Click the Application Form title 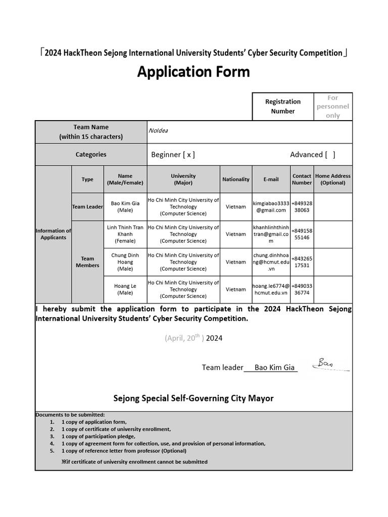click(x=193, y=72)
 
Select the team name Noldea click(x=158, y=130)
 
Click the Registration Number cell click(x=282, y=107)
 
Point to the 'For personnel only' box click(x=332, y=107)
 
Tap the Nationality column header click(x=235, y=179)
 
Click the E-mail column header click(x=271, y=179)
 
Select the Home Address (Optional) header click(x=332, y=179)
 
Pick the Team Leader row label click(x=87, y=206)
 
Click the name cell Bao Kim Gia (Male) click(x=125, y=206)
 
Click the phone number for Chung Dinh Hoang click(x=302, y=262)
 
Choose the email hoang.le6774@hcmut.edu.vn click(x=271, y=289)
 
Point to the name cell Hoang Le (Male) click(x=125, y=289)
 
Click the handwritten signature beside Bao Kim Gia click(x=329, y=365)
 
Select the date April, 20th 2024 click(x=193, y=338)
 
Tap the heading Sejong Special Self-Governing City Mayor click(x=193, y=398)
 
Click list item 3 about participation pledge click(x=98, y=436)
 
